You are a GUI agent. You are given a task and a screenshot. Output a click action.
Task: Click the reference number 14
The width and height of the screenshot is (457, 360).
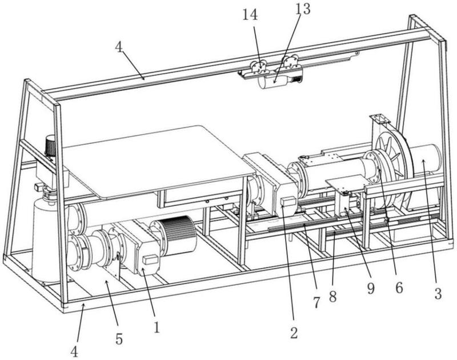[x=250, y=15]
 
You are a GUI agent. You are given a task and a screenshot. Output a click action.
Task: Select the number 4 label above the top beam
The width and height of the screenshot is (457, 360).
[x=119, y=47]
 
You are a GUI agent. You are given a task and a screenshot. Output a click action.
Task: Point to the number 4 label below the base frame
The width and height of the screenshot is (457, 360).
[x=75, y=351]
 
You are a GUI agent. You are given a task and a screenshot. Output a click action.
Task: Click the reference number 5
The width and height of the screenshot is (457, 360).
[x=119, y=339]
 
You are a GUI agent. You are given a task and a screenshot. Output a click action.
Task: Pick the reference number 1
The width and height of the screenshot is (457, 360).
[x=157, y=327]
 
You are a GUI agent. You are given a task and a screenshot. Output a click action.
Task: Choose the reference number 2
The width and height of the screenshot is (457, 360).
[x=294, y=333]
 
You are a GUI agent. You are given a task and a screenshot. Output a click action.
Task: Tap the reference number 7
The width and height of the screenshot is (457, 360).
[x=316, y=302]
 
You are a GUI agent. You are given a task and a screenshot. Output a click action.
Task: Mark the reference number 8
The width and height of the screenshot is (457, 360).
[x=333, y=297]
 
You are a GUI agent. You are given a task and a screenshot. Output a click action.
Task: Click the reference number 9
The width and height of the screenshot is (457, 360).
[x=371, y=289]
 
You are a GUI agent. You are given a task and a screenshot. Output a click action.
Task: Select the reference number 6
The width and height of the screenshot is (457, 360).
[x=399, y=287]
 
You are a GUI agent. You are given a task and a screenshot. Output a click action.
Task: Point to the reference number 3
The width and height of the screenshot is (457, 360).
[x=438, y=294]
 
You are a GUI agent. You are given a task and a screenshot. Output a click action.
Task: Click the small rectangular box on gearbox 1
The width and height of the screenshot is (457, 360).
[x=150, y=259]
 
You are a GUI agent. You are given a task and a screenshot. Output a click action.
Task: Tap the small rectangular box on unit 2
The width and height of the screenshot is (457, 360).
[x=288, y=201]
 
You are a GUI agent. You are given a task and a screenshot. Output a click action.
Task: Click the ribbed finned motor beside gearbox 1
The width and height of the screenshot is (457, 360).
[x=175, y=236]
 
